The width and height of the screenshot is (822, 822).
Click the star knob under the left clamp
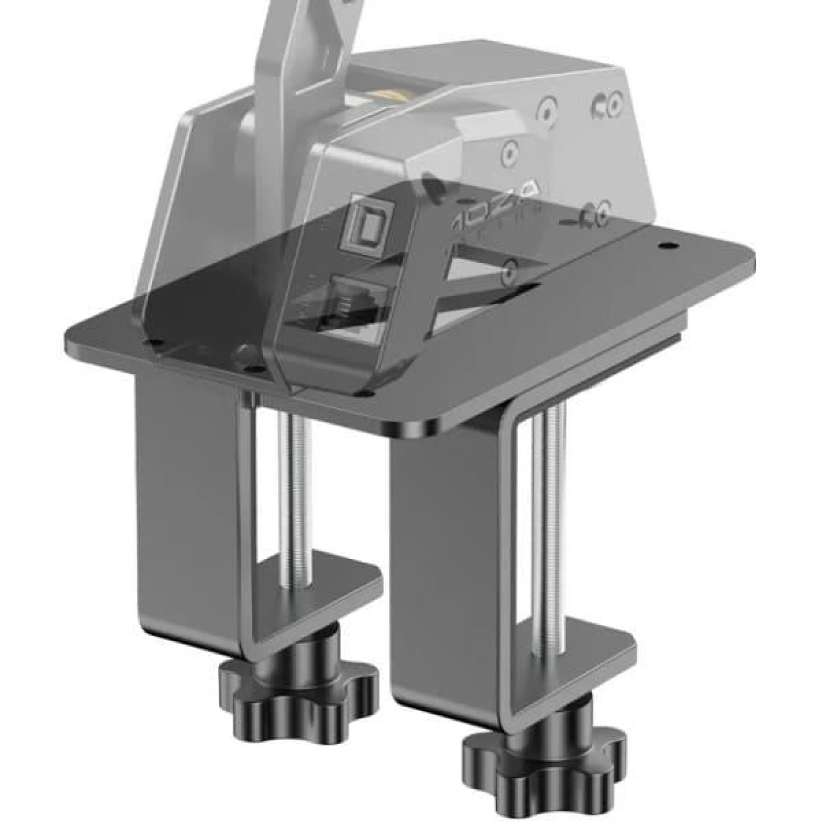[297, 693]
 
